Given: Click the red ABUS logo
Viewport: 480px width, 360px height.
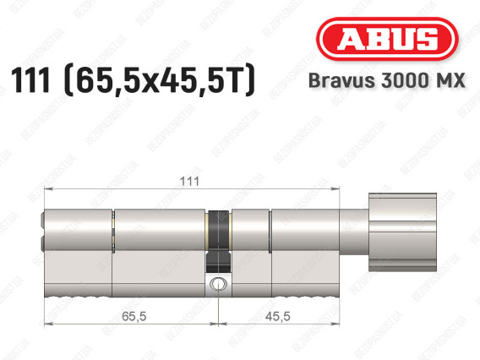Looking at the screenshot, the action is pos(387,39).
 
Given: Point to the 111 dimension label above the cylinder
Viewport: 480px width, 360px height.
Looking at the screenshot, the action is pos(189,182).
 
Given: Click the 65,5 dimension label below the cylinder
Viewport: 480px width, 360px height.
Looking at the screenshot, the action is pos(134,316).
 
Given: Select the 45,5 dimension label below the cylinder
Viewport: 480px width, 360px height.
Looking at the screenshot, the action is pos(278,316).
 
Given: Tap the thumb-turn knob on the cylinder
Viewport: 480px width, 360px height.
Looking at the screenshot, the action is pos(402,232).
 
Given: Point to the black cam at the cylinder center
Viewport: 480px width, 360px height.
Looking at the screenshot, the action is pos(218,242).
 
